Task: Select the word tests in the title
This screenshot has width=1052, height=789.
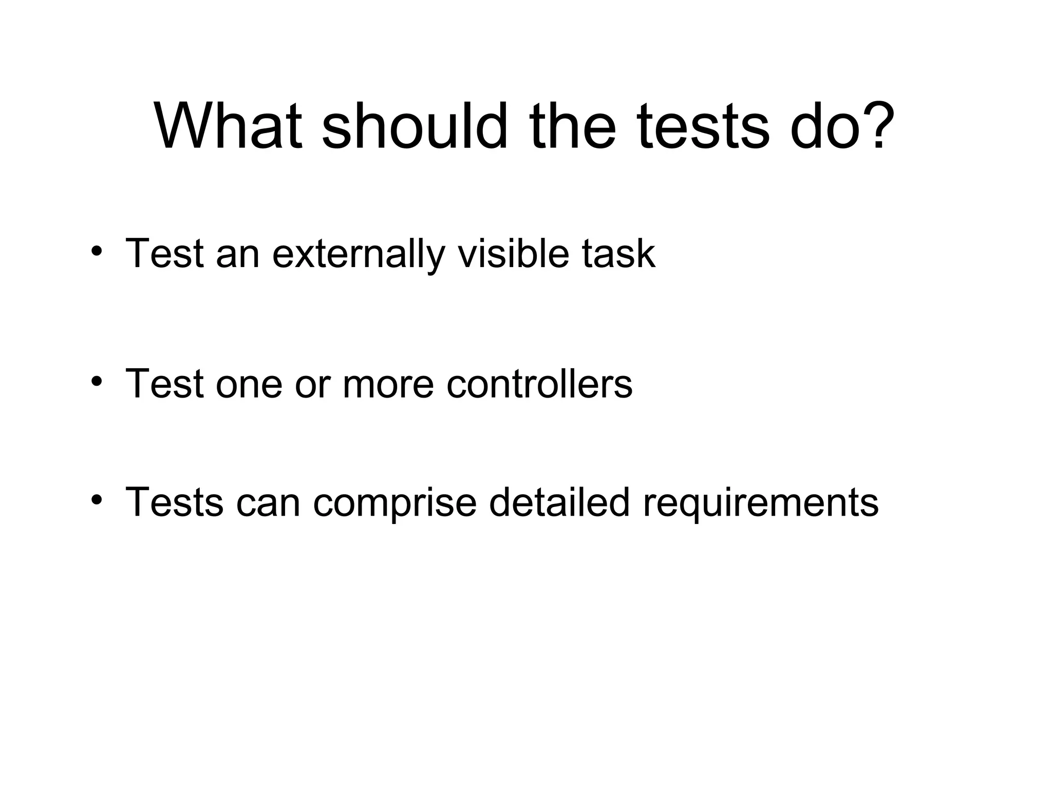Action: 703,127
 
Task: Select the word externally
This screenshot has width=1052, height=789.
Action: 358,254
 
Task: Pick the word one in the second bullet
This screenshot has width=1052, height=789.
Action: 249,385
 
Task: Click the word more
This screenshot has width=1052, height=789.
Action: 388,385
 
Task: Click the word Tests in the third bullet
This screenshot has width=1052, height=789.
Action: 174,502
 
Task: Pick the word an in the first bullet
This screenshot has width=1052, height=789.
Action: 238,254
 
